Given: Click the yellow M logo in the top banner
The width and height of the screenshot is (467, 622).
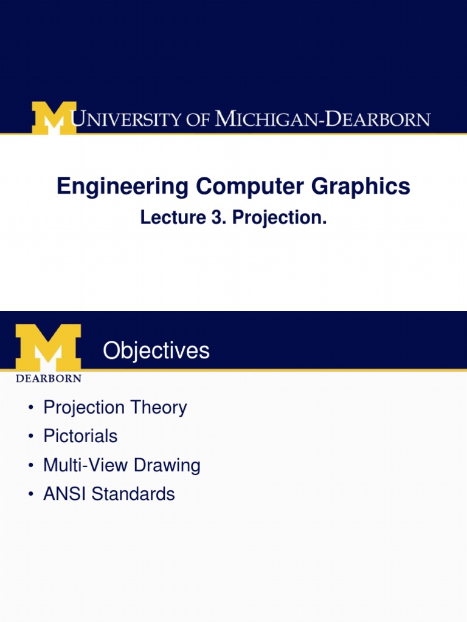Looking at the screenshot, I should (54, 118).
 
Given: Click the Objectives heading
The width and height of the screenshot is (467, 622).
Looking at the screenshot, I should (156, 350).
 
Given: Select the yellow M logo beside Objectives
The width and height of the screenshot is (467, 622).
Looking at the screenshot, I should (48, 347).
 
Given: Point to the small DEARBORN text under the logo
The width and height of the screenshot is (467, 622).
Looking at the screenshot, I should (48, 378).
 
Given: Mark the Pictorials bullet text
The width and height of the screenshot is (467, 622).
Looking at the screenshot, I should (80, 436).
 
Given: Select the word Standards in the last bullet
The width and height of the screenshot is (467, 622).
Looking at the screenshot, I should (133, 494).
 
